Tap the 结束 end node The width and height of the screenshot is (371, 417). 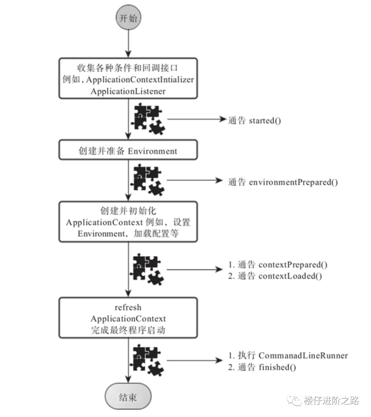(x=128, y=397)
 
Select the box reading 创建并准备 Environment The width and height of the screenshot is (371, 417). (x=128, y=151)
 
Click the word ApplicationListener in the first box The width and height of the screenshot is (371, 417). (x=128, y=91)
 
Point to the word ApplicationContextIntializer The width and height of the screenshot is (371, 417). (x=140, y=80)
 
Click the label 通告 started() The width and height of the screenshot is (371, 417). (x=255, y=120)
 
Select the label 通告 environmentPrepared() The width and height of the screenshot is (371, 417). (x=283, y=182)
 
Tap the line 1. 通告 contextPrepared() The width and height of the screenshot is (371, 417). (x=278, y=264)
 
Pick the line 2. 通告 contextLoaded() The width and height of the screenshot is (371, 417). (x=275, y=276)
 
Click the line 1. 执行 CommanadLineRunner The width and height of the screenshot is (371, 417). (x=288, y=355)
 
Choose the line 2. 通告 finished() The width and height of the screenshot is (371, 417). (x=262, y=367)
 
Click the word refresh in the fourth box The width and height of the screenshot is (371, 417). (x=128, y=307)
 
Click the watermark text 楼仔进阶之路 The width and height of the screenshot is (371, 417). (x=331, y=400)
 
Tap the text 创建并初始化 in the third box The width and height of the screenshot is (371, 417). (x=128, y=210)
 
